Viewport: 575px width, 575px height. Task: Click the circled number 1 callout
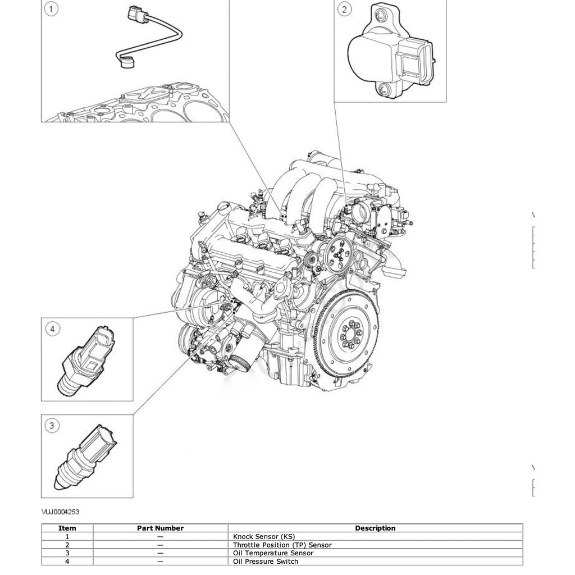click(51, 9)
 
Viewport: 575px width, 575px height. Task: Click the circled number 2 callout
click(344, 8)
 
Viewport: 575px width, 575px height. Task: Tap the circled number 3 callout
click(52, 426)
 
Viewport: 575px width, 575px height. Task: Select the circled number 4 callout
click(52, 329)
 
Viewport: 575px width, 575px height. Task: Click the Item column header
click(67, 528)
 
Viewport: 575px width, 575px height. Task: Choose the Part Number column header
click(160, 528)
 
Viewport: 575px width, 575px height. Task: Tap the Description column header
click(375, 528)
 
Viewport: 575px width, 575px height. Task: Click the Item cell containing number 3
click(67, 553)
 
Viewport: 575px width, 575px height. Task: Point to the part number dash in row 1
click(160, 536)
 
